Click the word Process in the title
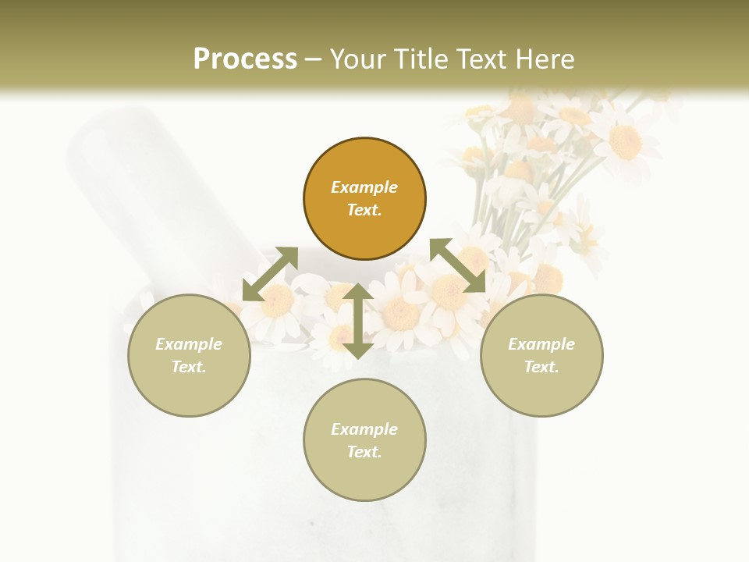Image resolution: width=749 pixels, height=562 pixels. click(245, 59)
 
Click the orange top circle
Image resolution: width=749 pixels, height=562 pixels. click(364, 199)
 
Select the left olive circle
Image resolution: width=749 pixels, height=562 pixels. click(189, 355)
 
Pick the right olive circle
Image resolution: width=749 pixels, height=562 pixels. click(541, 355)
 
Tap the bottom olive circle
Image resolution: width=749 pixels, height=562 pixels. click(364, 439)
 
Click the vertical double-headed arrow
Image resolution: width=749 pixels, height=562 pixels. click(358, 321)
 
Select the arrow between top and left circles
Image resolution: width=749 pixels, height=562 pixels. click(270, 274)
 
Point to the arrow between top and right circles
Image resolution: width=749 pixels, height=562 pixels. click(458, 266)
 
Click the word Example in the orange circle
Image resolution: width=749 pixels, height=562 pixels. click(364, 187)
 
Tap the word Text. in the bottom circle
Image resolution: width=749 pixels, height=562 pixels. click(364, 452)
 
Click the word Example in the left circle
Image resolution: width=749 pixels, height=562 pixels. click(189, 344)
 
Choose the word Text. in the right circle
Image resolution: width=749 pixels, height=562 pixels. click(541, 367)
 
